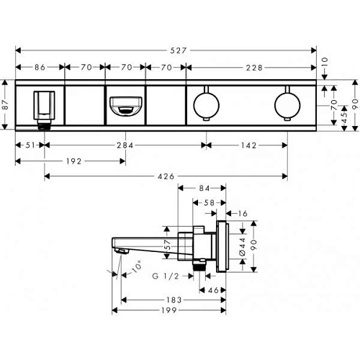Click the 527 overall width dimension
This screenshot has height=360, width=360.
coord(179,50)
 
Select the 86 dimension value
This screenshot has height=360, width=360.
coord(40,67)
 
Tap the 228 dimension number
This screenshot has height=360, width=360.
coord(254,68)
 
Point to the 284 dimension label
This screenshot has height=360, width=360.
coord(125,145)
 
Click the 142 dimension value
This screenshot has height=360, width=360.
coord(249,145)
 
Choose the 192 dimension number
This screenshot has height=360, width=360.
coord(74,161)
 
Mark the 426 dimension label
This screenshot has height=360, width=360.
coord(166,176)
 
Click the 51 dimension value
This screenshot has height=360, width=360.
coord(30,145)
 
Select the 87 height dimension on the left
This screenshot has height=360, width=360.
coord(5,104)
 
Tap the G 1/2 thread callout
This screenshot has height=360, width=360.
coord(166,276)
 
